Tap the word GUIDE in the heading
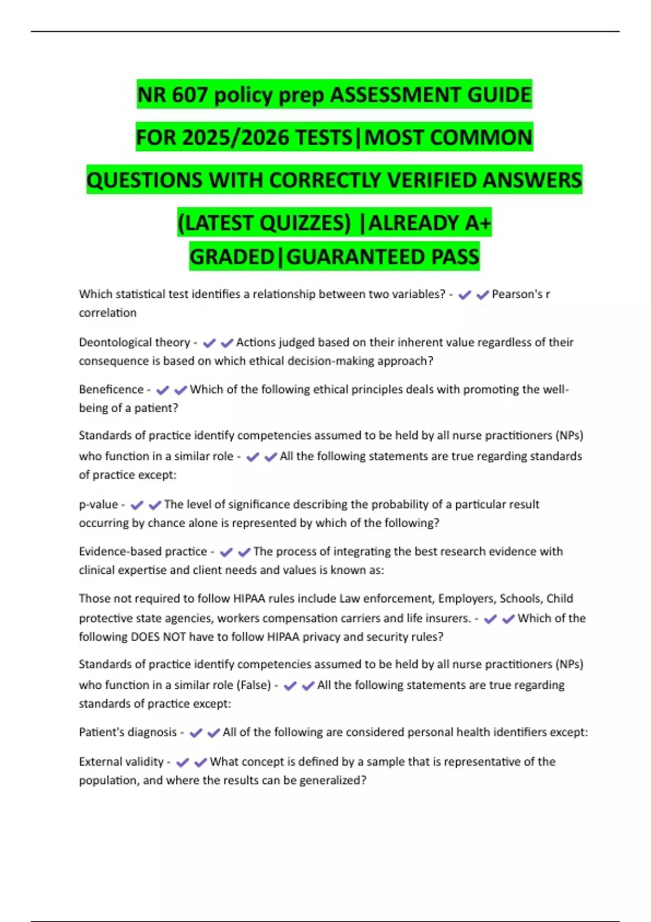point(499,95)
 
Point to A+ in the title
point(478,223)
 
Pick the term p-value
point(98,504)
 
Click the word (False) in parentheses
point(253,685)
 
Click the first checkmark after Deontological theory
point(209,343)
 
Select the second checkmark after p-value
point(155,505)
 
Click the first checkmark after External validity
point(183,762)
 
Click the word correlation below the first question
point(107,313)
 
